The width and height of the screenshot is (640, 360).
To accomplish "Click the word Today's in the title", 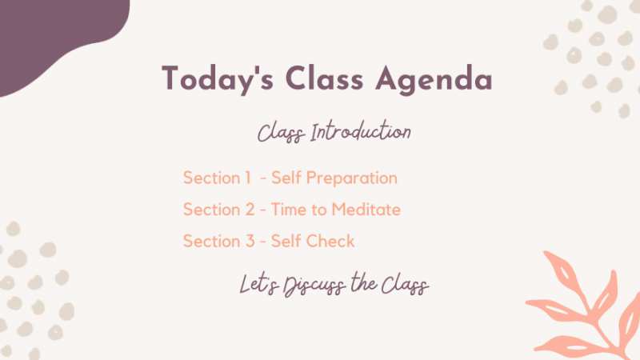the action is [218, 79].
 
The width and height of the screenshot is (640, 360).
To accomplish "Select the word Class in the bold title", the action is [324, 78].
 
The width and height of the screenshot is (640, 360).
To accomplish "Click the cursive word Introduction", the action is [361, 131].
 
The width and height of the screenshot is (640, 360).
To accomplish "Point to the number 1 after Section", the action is [247, 178].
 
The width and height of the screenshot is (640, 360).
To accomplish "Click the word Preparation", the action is [351, 178].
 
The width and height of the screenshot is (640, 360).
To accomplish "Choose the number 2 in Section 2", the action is [250, 210].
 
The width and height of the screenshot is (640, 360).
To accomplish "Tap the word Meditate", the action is [366, 210].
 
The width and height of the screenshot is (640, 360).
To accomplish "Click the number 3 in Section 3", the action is [250, 241].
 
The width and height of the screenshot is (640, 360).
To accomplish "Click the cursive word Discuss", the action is [314, 285].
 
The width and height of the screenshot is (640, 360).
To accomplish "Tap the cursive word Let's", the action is [258, 284].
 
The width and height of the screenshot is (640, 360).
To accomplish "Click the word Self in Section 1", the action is [286, 178].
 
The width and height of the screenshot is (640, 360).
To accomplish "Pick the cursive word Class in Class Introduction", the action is [282, 133].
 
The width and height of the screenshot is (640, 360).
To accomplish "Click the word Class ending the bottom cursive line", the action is [405, 285].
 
